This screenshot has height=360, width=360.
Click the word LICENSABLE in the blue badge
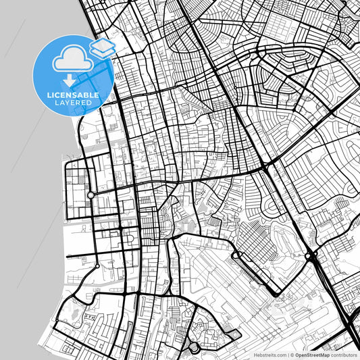click(74, 95)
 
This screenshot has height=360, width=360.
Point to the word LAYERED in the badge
click(74, 103)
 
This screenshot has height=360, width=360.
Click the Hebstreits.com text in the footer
click(269, 354)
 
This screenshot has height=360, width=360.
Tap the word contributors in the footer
click(342, 354)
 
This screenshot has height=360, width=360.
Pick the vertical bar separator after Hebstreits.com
click(286, 354)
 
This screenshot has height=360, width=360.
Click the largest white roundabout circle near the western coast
click(91, 195)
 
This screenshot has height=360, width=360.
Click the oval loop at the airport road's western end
click(238, 255)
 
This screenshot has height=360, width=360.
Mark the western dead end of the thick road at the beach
click(67, 255)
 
